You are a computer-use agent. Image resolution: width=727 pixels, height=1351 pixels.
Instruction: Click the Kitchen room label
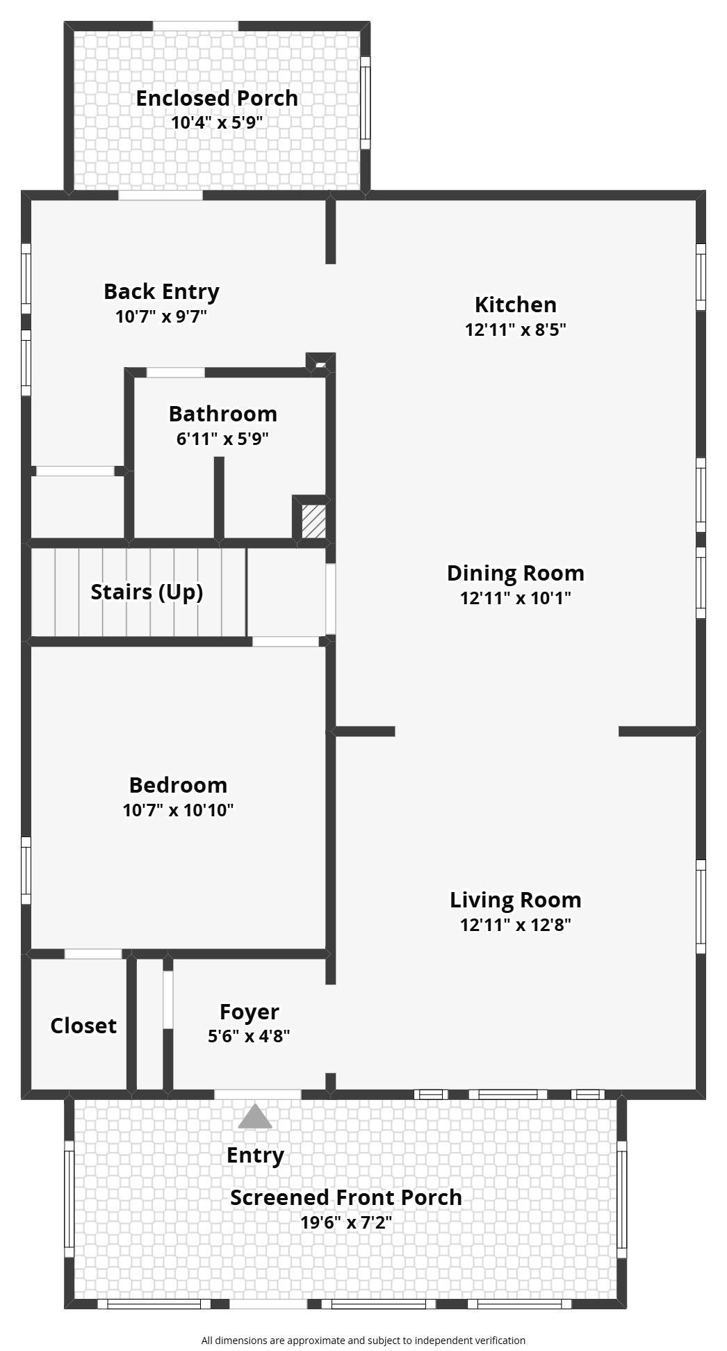pos(515,305)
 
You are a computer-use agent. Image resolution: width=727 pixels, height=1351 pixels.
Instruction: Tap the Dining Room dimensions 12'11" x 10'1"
pos(515,598)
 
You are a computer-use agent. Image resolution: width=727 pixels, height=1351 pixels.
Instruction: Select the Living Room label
pos(515,900)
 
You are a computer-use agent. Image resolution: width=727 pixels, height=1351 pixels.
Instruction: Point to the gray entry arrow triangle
pos(255,1116)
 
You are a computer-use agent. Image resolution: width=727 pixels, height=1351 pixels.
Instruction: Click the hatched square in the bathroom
pos(313,520)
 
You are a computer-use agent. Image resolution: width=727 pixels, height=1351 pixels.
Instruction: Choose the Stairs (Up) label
pos(147,592)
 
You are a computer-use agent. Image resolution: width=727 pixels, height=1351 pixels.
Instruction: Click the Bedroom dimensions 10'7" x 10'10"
pos(178,810)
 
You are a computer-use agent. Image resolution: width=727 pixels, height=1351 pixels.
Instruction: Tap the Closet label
pos(83,1026)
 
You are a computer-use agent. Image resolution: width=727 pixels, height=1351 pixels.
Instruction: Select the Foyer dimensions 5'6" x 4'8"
pos(249,1036)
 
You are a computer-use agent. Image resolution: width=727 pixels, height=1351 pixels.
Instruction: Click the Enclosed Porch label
pos(217,98)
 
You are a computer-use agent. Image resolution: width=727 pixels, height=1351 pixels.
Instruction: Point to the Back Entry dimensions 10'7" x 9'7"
pos(161,316)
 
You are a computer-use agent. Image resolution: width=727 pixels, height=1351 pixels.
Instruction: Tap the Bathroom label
pos(222,414)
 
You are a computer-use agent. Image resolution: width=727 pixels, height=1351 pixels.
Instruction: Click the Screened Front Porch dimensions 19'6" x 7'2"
pos(346,1222)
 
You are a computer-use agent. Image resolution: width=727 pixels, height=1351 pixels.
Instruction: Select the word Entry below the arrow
pos(255,1156)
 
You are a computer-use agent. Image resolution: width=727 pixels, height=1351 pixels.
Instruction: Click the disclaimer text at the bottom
pos(363,1340)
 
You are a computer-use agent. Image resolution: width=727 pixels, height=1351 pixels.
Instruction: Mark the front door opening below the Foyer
pos(257,1094)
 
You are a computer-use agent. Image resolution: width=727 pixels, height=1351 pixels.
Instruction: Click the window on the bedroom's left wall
pos(26,870)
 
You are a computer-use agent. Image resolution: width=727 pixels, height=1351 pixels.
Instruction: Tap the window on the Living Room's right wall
pos(701,907)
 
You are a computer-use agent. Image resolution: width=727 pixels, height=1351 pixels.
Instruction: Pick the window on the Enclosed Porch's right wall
pos(365,102)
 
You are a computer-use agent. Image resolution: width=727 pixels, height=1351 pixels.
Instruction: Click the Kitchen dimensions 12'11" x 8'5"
pos(515,330)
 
